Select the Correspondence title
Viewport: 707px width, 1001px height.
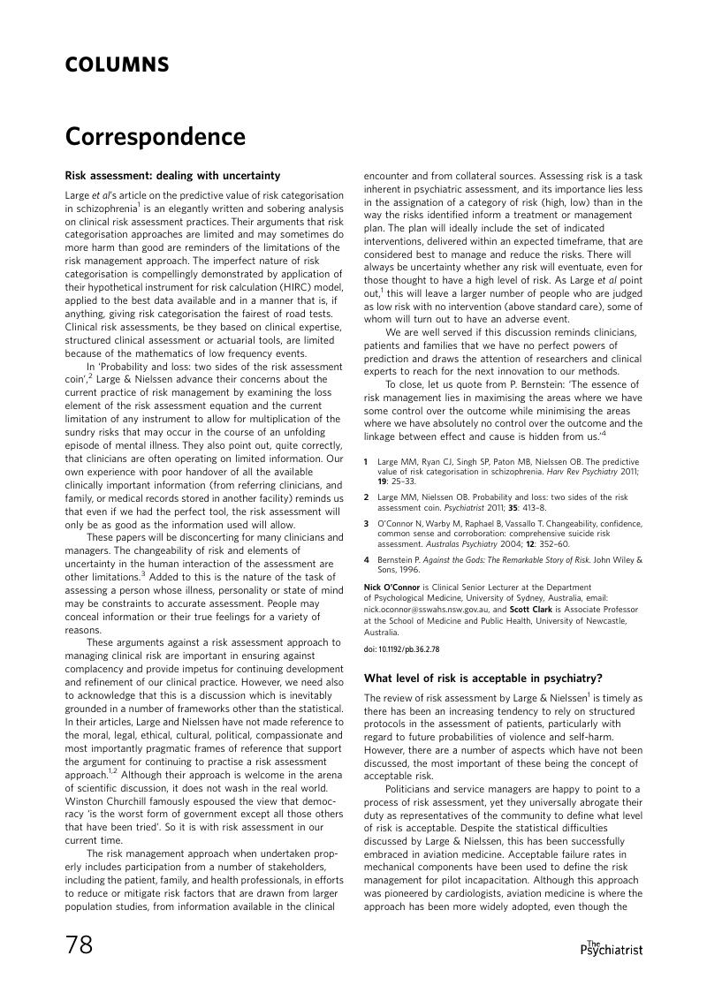(155, 138)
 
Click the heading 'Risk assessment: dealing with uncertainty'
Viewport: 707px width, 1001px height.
(172, 175)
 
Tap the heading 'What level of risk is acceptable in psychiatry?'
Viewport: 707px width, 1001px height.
(483, 679)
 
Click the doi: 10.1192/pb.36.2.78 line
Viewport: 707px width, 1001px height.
(402, 649)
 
